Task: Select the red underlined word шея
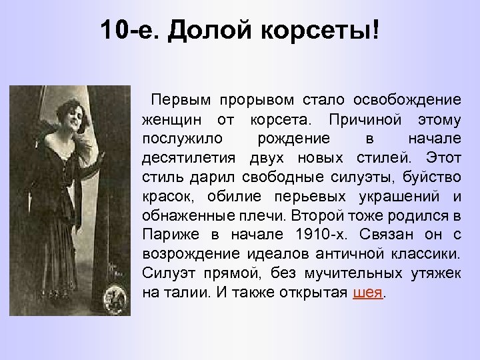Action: point(367,293)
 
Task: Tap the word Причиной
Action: point(352,120)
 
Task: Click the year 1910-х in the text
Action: point(313,235)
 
